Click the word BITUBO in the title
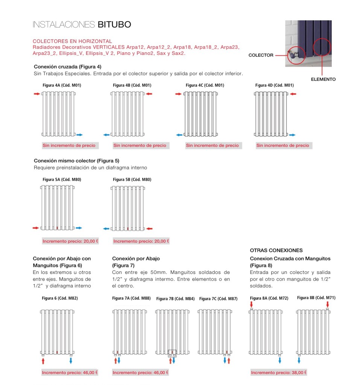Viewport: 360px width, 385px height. [114, 25]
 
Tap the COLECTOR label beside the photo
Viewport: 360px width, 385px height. [261, 55]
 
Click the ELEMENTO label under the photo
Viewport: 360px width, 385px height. [323, 79]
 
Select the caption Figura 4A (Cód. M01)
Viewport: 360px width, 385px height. [62, 85]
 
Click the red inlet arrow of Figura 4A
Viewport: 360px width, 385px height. [36, 94]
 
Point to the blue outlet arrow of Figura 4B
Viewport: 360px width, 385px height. [106, 134]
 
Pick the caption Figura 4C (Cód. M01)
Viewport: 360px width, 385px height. [205, 85]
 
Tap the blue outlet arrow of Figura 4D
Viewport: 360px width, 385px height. [292, 134]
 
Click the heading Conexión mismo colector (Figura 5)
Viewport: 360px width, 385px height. [76, 161]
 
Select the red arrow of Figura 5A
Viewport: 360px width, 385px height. [36, 228]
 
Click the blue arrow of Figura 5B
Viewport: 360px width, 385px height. [106, 228]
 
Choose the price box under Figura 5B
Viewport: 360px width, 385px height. [141, 241]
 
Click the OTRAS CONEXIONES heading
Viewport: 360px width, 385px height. [276, 250]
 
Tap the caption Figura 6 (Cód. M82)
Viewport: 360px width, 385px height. [60, 298]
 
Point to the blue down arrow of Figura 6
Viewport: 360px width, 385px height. [71, 361]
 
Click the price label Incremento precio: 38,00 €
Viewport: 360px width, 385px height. [279, 373]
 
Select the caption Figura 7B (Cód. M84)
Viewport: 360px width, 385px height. [175, 299]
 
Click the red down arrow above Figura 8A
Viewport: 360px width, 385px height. [251, 304]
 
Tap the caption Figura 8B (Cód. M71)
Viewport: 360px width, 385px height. [316, 298]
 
